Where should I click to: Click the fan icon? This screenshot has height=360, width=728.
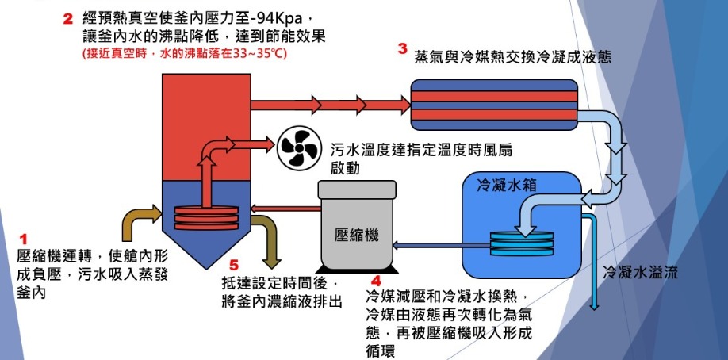pyautogui.click(x=298, y=148)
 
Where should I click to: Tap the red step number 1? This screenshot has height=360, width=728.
pyautogui.click(x=23, y=239)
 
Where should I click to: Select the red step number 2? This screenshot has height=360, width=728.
pyautogui.click(x=67, y=20)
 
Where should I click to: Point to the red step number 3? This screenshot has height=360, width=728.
pyautogui.click(x=403, y=49)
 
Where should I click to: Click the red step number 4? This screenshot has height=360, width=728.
pyautogui.click(x=376, y=281)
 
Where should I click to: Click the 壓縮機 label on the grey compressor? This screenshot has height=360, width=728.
pyautogui.click(x=356, y=235)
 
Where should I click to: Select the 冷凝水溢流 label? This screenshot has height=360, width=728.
pyautogui.click(x=640, y=272)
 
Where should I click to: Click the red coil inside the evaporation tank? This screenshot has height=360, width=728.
pyautogui.click(x=206, y=217)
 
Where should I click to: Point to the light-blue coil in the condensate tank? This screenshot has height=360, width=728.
pyautogui.click(x=522, y=243)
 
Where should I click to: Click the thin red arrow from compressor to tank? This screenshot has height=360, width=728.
pyautogui.click(x=285, y=208)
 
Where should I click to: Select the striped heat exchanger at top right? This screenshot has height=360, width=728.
pyautogui.click(x=494, y=105)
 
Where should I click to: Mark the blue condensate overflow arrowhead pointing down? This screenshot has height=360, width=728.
pyautogui.click(x=594, y=305)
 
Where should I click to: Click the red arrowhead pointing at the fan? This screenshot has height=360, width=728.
pyautogui.click(x=268, y=144)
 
